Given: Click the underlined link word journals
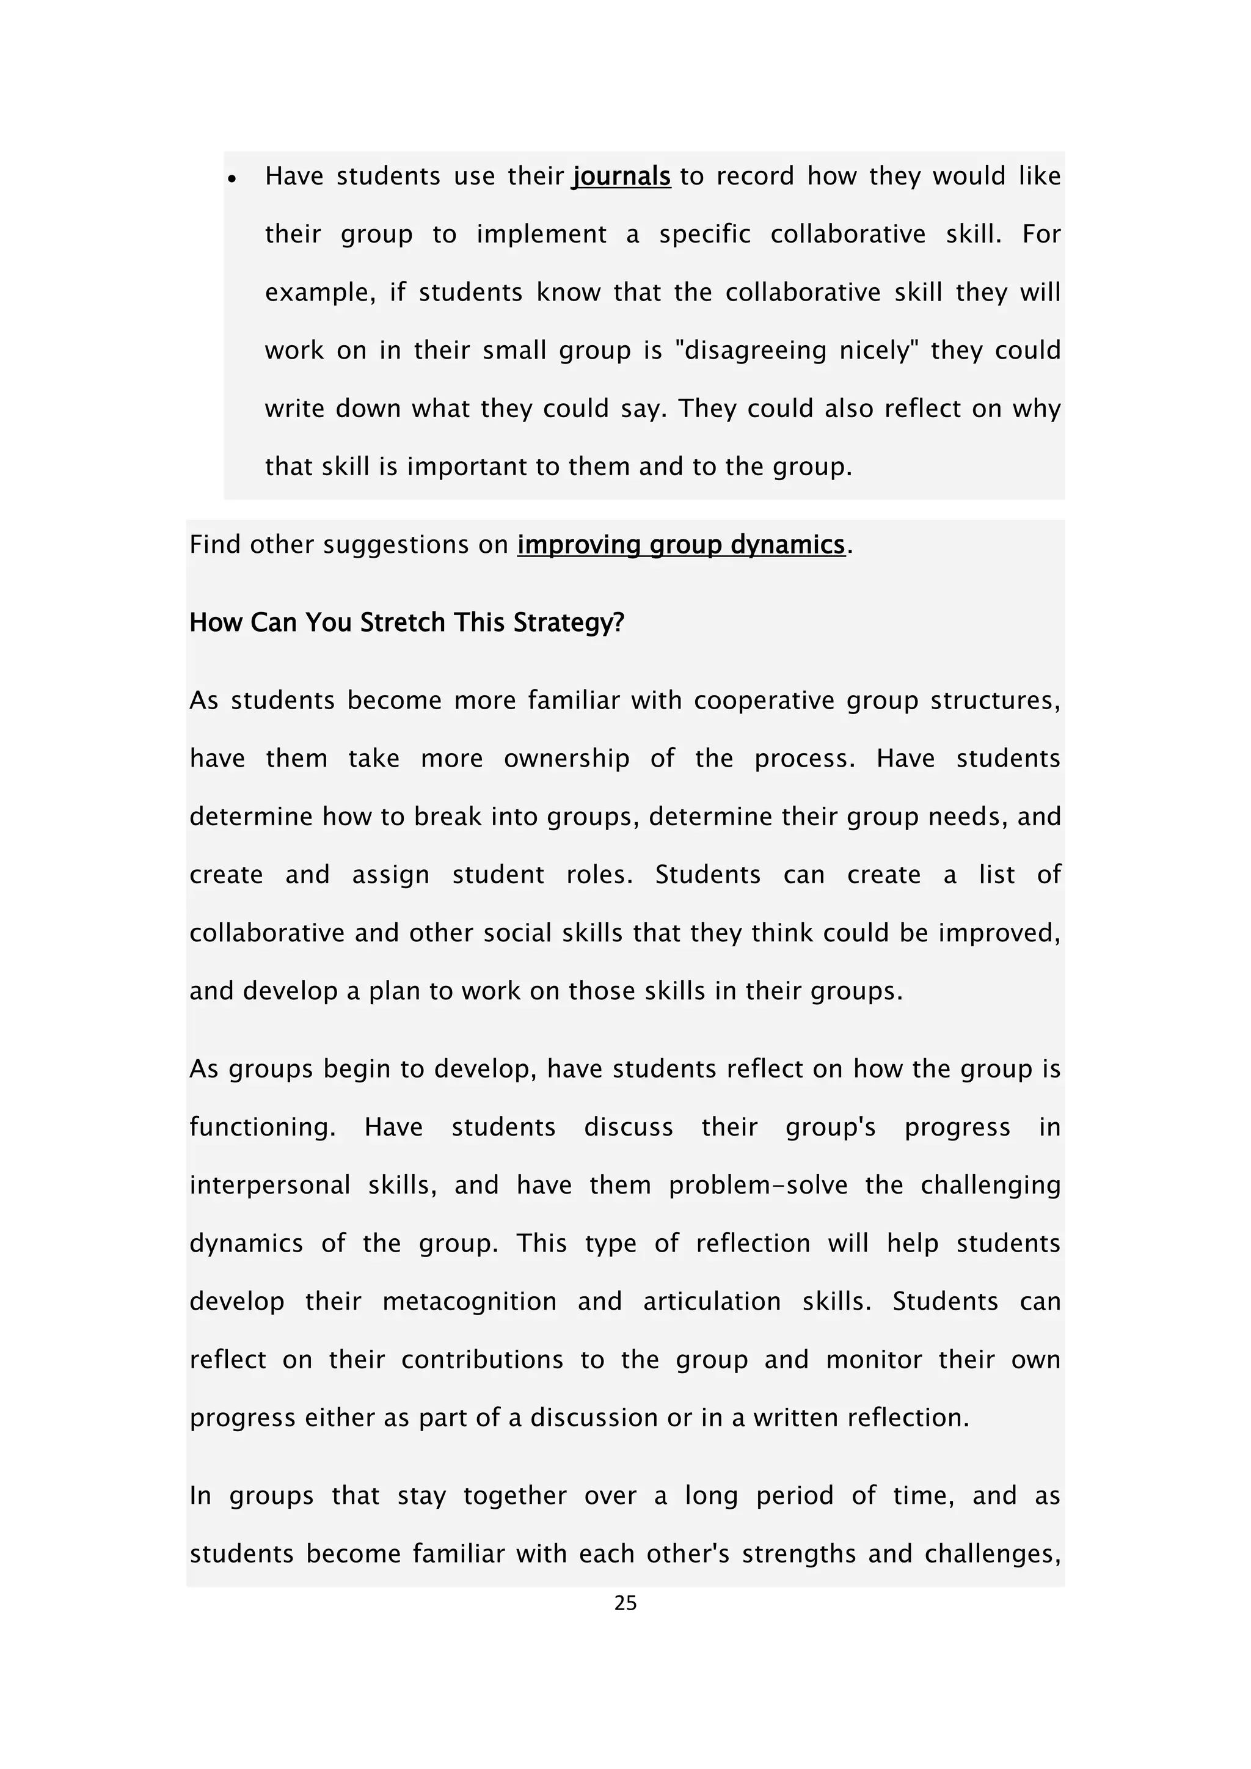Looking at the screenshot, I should tap(621, 177).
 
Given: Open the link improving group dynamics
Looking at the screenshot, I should tap(681, 545).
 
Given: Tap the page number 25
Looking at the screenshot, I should tap(625, 1603).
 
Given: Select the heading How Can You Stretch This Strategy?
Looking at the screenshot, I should tap(407, 622).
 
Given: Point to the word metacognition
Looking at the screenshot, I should tap(469, 1301).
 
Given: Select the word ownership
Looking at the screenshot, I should tap(566, 758).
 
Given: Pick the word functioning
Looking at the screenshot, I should tap(263, 1127).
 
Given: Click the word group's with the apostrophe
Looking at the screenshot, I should tap(830, 1127).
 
